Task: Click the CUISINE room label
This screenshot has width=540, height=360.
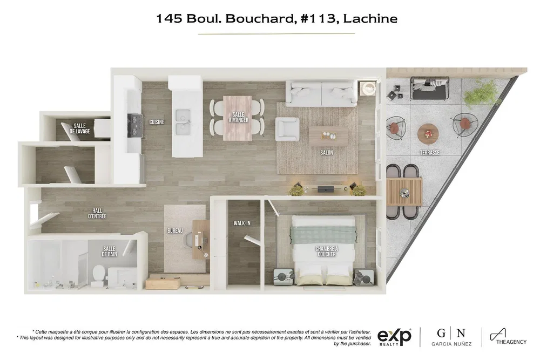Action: click(x=157, y=122)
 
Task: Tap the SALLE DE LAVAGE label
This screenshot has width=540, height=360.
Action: click(x=79, y=128)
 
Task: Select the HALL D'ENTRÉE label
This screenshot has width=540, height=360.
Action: click(x=97, y=213)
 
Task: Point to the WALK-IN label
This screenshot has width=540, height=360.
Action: click(x=242, y=223)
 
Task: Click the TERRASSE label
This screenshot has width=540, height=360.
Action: click(x=429, y=152)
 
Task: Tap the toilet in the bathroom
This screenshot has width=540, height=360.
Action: click(x=98, y=275)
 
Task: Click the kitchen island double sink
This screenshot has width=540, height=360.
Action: click(x=183, y=122)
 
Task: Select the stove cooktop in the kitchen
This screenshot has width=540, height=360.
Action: click(x=135, y=126)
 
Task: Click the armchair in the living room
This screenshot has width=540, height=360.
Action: click(x=287, y=129)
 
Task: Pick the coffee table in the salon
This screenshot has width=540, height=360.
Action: click(x=328, y=137)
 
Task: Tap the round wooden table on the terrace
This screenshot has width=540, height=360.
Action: click(x=428, y=134)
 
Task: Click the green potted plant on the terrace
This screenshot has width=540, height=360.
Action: click(x=481, y=92)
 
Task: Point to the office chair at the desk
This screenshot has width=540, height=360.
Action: click(x=188, y=240)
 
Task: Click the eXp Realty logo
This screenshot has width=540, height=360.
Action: click(x=394, y=337)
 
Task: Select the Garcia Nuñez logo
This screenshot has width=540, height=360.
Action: click(x=451, y=337)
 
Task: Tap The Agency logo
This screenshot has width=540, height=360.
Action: click(x=508, y=337)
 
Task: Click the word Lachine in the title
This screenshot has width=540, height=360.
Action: click(x=370, y=18)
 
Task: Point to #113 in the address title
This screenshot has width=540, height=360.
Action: click(x=318, y=18)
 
